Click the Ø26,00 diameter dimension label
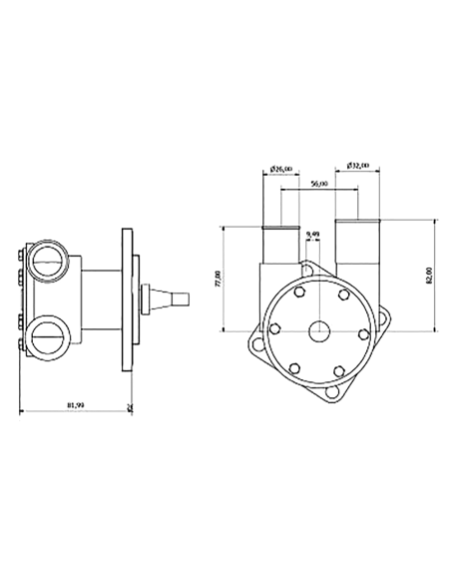click(x=282, y=170)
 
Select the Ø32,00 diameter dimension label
click(x=358, y=165)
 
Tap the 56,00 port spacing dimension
click(x=320, y=186)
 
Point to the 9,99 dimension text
click(x=312, y=235)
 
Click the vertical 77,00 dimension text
click(x=219, y=278)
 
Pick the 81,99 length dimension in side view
click(x=74, y=405)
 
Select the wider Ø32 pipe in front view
click(x=358, y=245)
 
